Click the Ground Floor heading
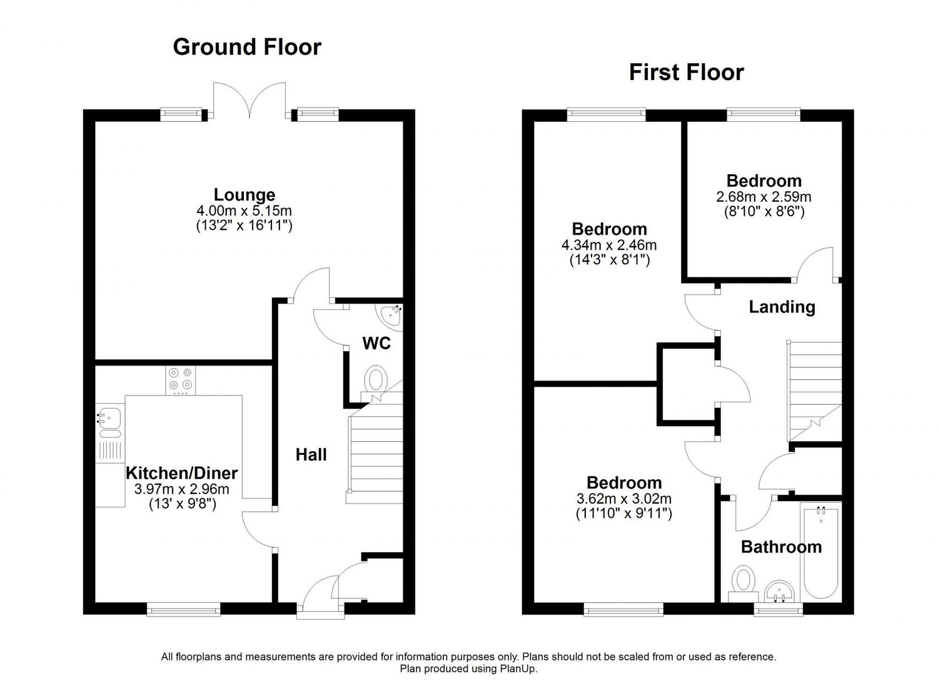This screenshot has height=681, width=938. [x=247, y=47]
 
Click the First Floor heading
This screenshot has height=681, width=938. [x=687, y=72]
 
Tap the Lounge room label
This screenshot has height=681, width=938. [x=245, y=195]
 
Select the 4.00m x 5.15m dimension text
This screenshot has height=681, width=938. [x=244, y=210]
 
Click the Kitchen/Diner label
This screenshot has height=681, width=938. [x=182, y=473]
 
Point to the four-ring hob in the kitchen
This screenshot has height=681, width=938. [x=181, y=380]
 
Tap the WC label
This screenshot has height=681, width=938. [x=376, y=344]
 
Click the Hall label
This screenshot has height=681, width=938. [x=311, y=455]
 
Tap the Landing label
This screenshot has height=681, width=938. [x=782, y=307]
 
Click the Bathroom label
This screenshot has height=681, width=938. [x=782, y=547]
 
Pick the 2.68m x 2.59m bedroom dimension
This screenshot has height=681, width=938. [x=764, y=197]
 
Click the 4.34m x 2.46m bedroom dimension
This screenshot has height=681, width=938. [x=609, y=245]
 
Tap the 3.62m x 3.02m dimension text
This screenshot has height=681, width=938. [x=624, y=499]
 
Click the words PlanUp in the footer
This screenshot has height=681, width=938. [x=517, y=669]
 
